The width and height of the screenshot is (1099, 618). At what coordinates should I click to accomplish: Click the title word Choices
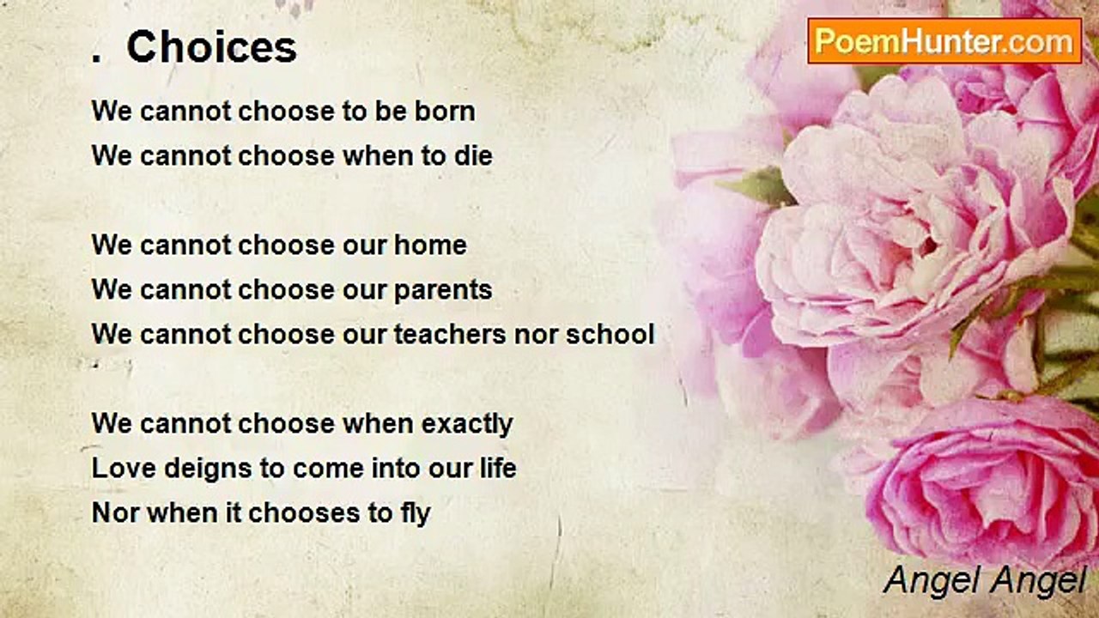(211, 48)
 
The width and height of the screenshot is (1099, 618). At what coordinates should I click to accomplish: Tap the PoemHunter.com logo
(944, 41)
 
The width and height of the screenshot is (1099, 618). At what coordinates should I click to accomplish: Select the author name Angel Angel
(986, 580)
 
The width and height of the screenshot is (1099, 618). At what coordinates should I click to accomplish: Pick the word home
(430, 245)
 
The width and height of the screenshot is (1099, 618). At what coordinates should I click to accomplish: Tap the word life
(498, 469)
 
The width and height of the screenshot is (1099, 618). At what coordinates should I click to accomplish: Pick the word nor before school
(536, 334)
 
